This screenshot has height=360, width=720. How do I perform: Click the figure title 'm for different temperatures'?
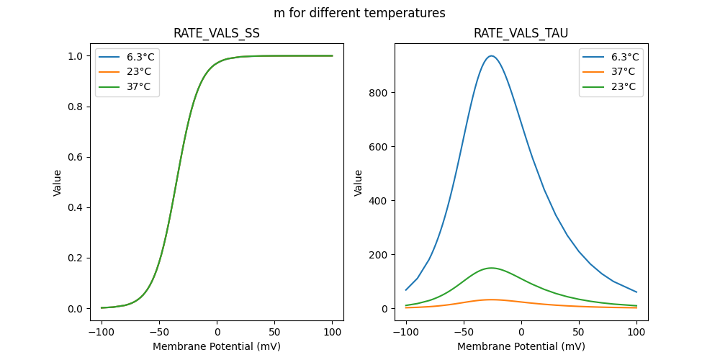tap(359, 13)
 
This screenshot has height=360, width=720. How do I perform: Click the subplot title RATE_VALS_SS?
tap(217, 33)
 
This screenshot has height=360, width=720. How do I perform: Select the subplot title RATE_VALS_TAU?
tap(521, 33)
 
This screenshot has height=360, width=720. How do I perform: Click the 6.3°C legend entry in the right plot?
tap(624, 57)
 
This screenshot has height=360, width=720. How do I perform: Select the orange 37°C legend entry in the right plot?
tap(623, 72)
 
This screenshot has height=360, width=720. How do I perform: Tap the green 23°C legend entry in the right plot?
tap(623, 86)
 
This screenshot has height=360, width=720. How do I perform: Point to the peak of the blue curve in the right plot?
tap(491, 55)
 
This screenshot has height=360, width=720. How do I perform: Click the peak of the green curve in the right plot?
tap(491, 268)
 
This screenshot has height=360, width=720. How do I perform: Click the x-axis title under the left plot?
tap(217, 346)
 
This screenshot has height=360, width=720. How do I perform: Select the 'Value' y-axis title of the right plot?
tap(358, 183)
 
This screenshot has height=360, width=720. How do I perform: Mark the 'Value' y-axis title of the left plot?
tap(58, 183)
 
